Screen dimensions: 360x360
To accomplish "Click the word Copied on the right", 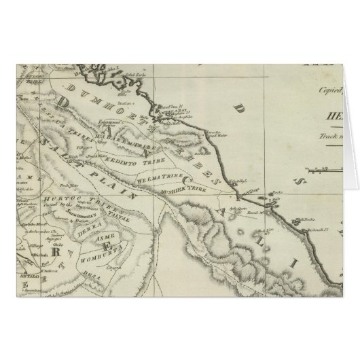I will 347,88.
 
